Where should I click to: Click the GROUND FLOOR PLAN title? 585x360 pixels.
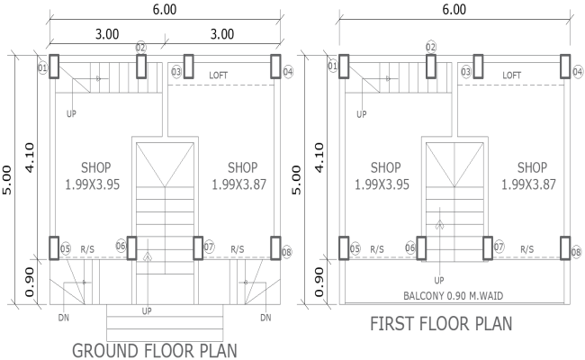154,349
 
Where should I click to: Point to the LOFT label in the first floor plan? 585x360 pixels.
511,75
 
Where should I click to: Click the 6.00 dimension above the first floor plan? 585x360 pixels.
455,10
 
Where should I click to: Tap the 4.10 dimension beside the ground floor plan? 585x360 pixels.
29,158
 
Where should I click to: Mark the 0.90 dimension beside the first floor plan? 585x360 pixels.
319,281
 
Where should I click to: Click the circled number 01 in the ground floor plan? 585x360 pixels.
41,67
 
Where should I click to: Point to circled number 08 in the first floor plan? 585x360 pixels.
576,253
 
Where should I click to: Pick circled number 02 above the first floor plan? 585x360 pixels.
431,47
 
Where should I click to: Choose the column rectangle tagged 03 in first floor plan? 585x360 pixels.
478,67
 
